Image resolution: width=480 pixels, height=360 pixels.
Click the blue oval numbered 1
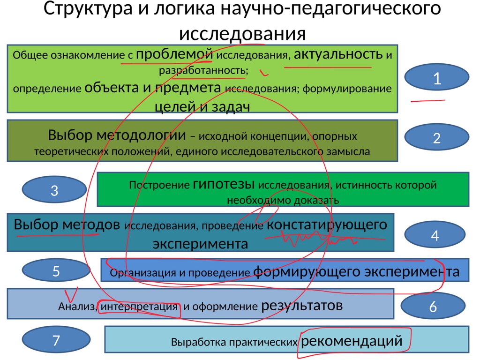[437, 78]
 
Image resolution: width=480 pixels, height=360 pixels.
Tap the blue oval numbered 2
[437, 138]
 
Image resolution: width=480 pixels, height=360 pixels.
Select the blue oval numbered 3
[54, 191]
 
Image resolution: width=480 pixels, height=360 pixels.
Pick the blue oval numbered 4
[435, 235]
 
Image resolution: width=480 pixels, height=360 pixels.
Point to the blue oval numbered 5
[56, 271]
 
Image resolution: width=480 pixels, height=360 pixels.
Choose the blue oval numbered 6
[433, 307]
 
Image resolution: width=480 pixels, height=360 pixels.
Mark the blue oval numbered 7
[56, 340]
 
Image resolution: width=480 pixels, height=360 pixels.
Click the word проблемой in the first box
[174, 54]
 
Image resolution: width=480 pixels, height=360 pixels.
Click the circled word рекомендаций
[352, 341]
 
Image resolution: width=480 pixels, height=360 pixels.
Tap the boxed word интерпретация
[139, 307]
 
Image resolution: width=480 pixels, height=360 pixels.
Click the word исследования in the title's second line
[242, 34]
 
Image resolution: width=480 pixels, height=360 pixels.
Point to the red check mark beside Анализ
[71, 294]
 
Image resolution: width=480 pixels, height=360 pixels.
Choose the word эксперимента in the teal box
[200, 244]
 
